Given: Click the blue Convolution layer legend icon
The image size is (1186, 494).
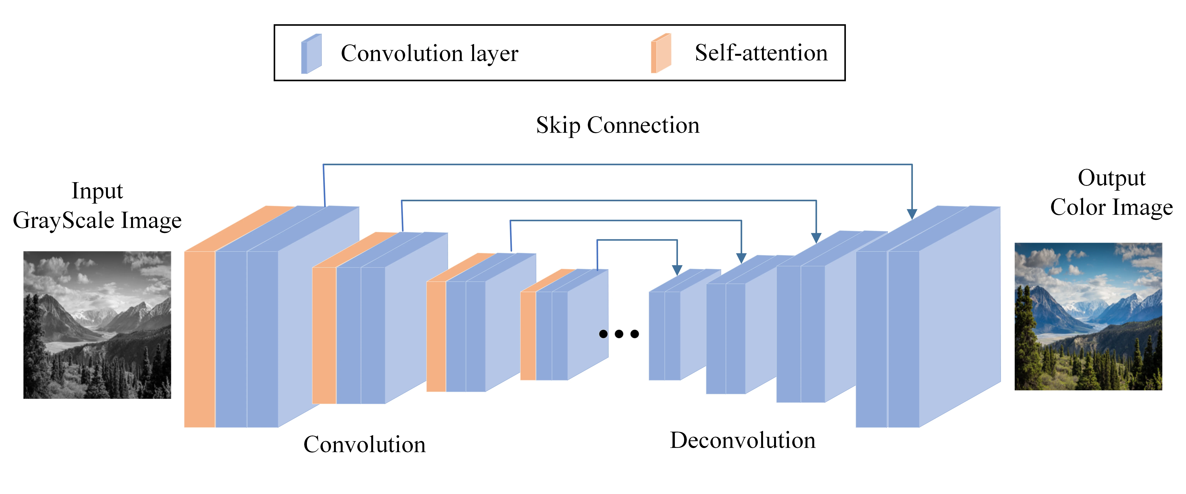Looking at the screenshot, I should [311, 54].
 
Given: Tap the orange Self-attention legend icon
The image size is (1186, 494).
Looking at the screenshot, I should [661, 53].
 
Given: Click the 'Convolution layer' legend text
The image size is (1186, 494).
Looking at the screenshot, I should [429, 53].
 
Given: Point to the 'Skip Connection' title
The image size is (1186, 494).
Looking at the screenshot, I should [617, 125].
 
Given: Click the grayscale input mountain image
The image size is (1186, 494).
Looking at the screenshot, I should [97, 325].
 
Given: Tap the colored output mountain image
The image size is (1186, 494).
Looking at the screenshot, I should [1088, 316].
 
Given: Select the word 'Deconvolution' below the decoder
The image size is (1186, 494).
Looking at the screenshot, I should [742, 440].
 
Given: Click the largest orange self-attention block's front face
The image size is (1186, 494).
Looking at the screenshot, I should [199, 339].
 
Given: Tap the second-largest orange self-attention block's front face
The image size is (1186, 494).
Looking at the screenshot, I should [324, 335].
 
